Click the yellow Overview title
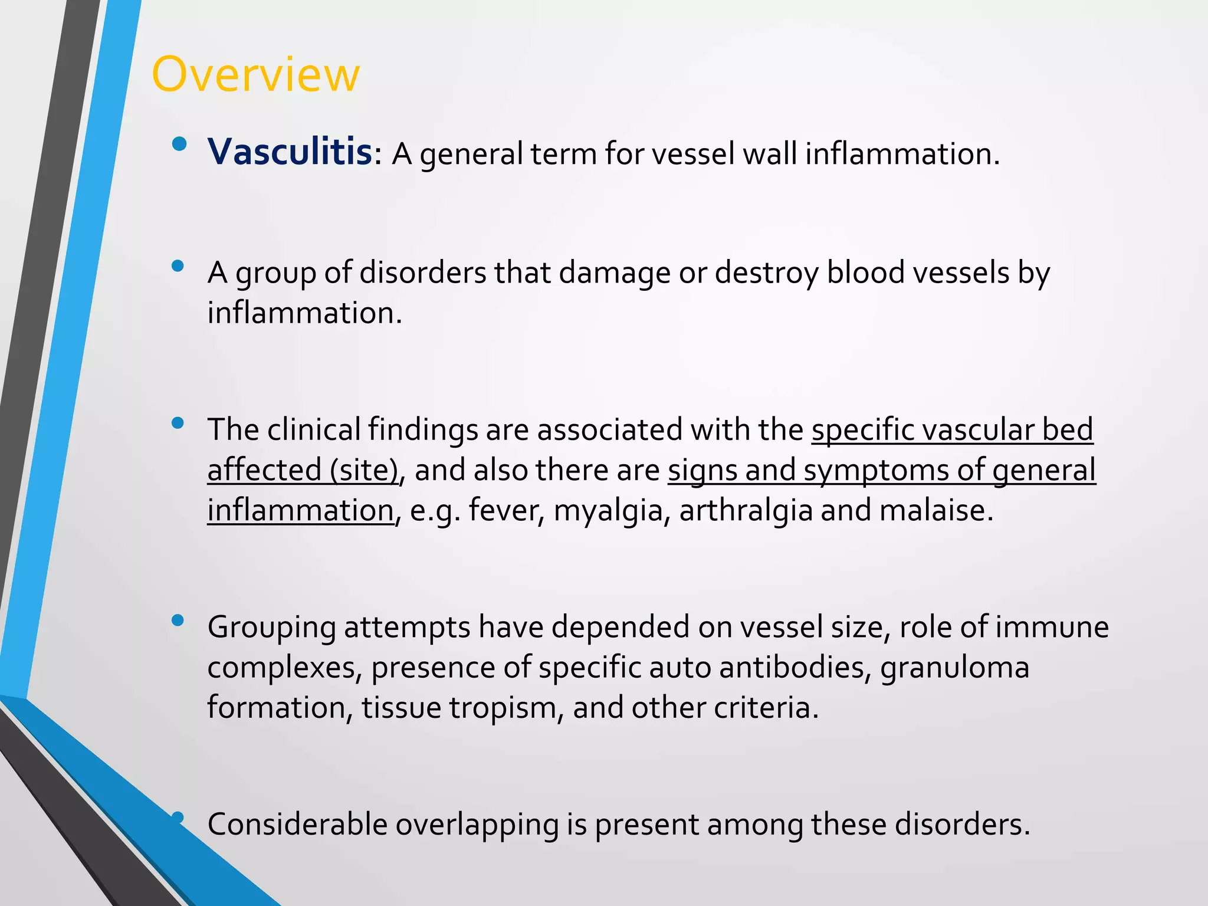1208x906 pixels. coord(255,74)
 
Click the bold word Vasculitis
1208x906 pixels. coord(290,152)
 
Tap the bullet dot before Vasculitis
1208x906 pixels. coord(179,143)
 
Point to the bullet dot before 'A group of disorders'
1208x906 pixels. coord(178,267)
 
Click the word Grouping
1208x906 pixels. coord(271,628)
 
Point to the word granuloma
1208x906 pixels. coord(954,668)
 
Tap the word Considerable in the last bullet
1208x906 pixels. coord(297,825)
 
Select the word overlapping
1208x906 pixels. coord(477,826)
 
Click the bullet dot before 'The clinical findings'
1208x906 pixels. coord(178,423)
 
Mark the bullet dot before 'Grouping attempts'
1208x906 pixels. coord(178,620)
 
